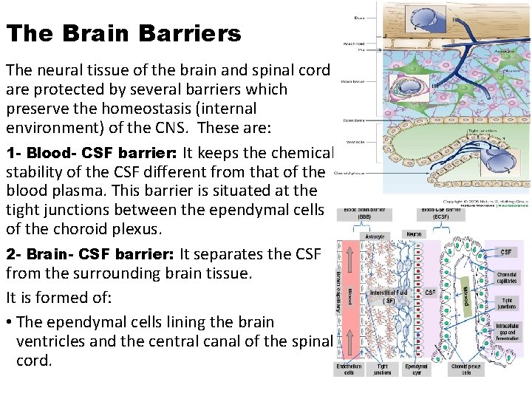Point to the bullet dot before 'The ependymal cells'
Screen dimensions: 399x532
coord(9,322)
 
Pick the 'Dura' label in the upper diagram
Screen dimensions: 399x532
coord(358,17)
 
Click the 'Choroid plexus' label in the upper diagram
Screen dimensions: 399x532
coord(348,174)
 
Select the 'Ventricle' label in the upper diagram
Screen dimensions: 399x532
coord(352,143)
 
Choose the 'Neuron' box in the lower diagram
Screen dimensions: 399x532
coord(414,233)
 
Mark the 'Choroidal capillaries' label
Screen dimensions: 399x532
coord(507,278)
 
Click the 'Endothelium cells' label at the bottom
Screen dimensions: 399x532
coord(349,369)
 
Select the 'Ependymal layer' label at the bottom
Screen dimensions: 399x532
coord(416,369)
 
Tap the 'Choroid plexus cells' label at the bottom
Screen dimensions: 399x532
coord(465,369)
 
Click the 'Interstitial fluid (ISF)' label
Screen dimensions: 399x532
coord(389,297)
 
